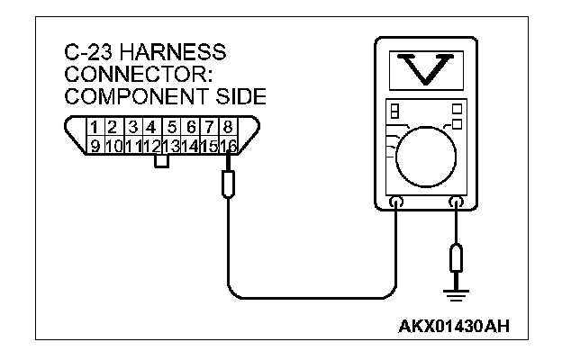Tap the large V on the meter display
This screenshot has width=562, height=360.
coord(426,68)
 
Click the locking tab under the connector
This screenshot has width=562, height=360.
coord(162,162)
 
